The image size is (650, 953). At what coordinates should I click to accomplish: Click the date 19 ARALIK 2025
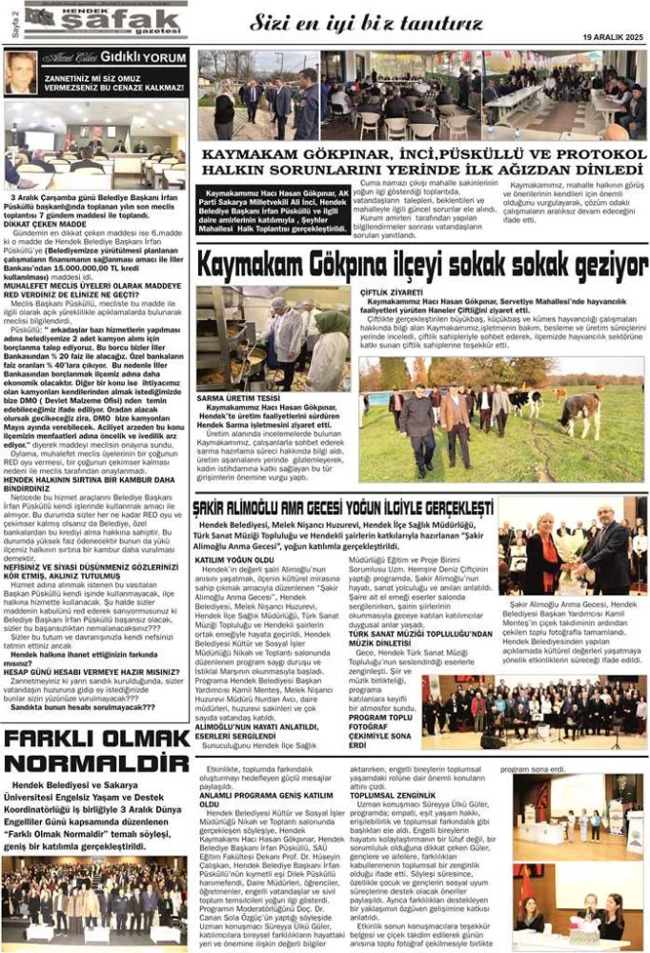pyautogui.click(x=613, y=37)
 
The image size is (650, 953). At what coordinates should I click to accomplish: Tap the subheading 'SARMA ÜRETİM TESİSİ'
pyautogui.click(x=238, y=397)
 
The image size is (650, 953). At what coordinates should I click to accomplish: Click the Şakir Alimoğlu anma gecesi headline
pyautogui.click(x=343, y=506)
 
